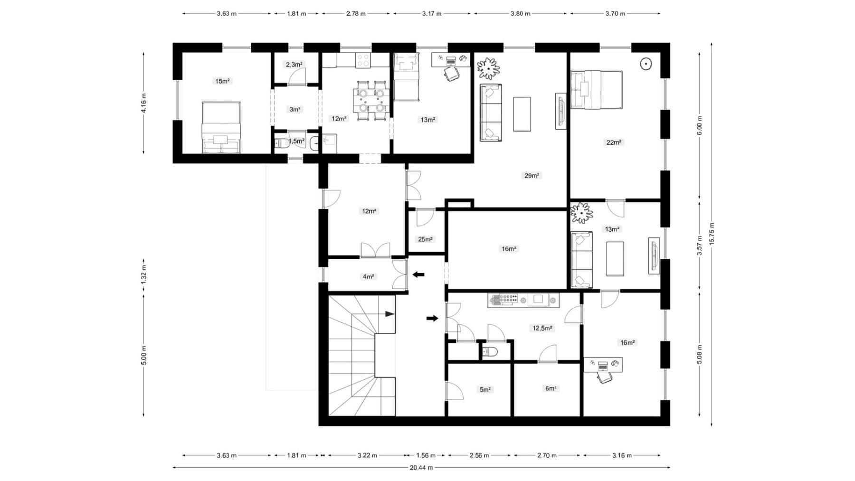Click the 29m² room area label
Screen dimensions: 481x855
click(x=532, y=176)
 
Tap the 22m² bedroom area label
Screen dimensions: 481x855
click(x=614, y=142)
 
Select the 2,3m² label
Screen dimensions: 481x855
click(x=294, y=65)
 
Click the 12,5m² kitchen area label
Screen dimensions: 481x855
click(x=542, y=328)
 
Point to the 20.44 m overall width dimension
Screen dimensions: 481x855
click(x=421, y=468)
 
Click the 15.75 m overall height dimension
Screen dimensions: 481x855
click(x=712, y=234)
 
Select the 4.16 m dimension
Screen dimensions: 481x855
click(x=144, y=103)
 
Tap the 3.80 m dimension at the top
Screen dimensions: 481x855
click(x=520, y=14)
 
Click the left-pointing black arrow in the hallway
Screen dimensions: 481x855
click(x=418, y=274)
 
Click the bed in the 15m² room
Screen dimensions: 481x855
click(x=221, y=127)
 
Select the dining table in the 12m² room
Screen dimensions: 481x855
click(x=371, y=99)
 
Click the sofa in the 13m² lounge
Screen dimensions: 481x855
click(x=581, y=260)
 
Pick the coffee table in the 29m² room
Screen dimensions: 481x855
click(x=522, y=114)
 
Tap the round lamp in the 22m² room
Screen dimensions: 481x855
click(x=646, y=64)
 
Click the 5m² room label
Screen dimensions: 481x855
click(x=484, y=390)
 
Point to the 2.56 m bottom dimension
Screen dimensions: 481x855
click(x=479, y=455)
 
